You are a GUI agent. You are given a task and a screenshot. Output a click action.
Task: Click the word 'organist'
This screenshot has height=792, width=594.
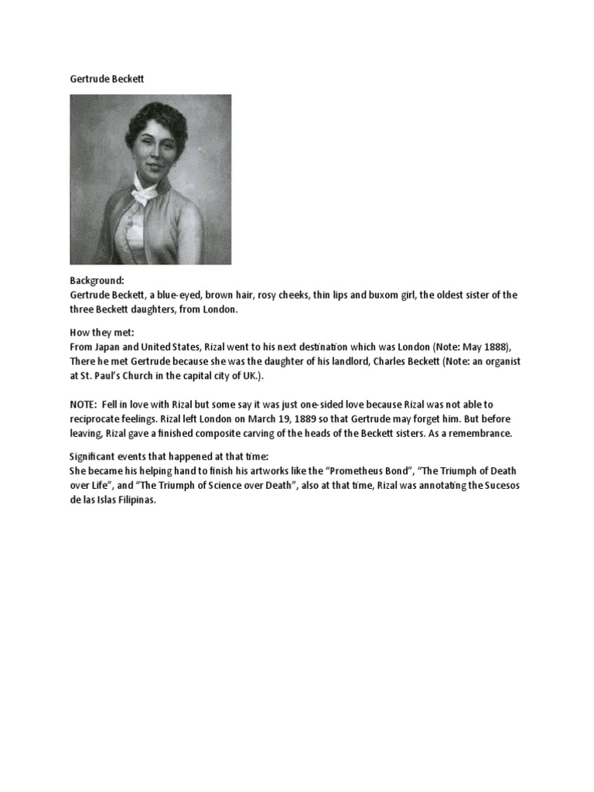[499, 361]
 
